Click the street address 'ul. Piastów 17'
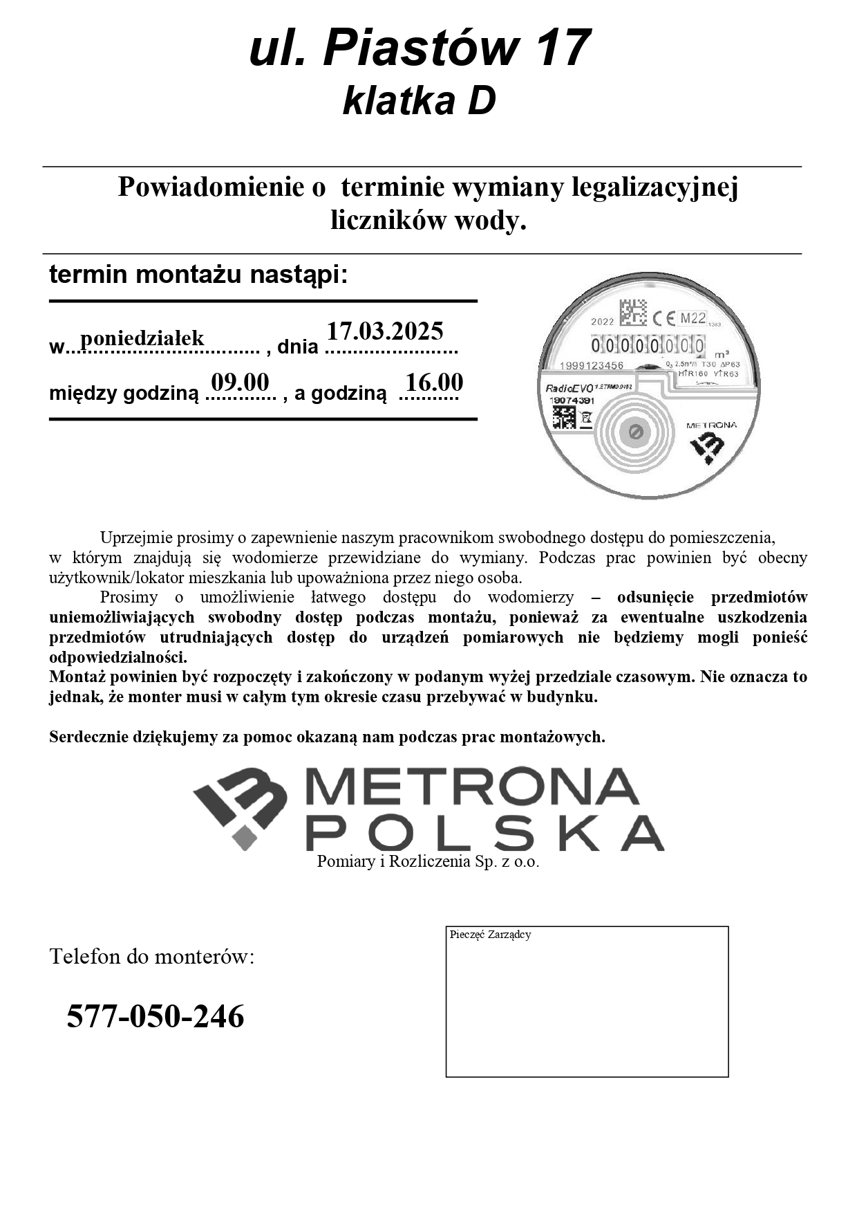420,48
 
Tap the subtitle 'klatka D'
420,101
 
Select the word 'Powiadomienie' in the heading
222,187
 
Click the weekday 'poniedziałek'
142,338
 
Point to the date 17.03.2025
385,331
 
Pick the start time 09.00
240,382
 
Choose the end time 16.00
434,383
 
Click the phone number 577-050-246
156,1016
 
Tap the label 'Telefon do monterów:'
152,957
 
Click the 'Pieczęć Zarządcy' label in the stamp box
490,935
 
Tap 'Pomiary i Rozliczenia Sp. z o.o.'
428,862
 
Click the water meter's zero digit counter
648,345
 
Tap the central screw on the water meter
636,433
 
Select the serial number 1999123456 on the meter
592,365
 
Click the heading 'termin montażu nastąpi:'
198,275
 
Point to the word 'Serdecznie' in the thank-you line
88,737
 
